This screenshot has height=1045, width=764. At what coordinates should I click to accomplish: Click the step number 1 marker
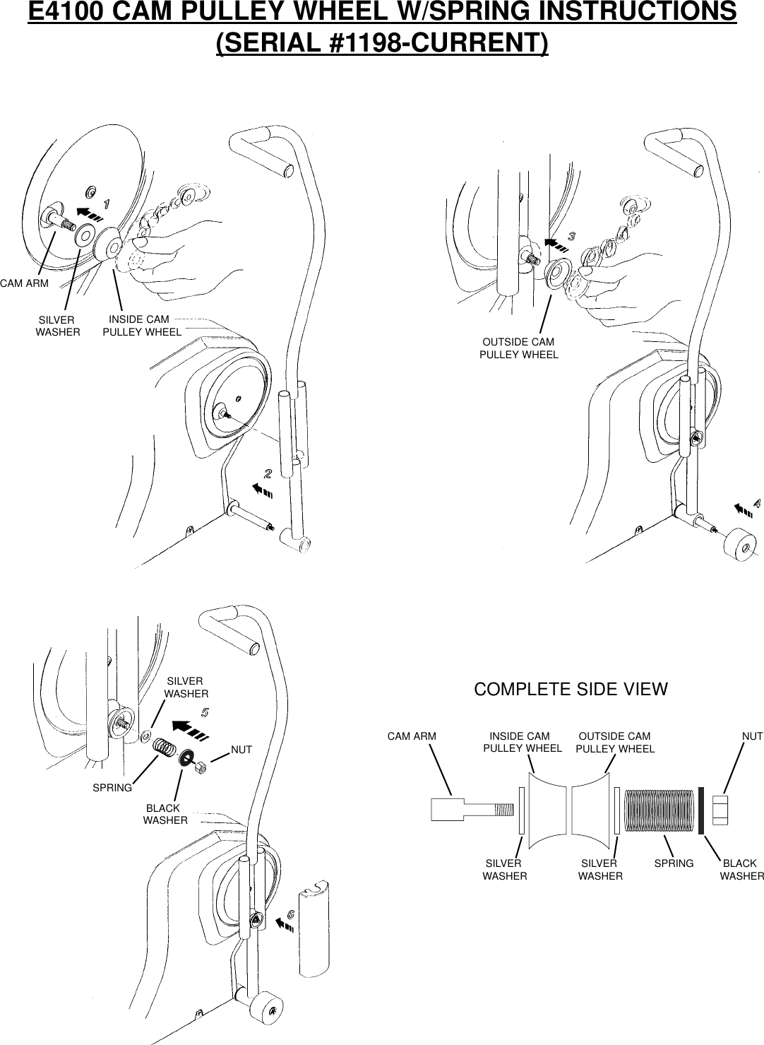coord(107,203)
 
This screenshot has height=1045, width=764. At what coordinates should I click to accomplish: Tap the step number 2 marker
coord(268,472)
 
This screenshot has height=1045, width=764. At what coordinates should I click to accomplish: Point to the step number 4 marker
coord(756,504)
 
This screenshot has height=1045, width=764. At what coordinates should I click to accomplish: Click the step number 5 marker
coord(205,712)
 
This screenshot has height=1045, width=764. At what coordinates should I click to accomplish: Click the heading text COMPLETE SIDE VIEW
coord(571,690)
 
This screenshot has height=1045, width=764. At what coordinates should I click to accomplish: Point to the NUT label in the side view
coord(752,736)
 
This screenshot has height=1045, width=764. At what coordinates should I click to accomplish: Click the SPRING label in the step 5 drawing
coord(112,787)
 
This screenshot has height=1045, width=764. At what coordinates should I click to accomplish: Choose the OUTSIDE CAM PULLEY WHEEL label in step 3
coord(519,348)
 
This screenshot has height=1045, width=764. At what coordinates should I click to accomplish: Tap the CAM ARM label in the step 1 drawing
coord(24,283)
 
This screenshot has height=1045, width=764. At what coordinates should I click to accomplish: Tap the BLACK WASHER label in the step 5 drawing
coord(165,814)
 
